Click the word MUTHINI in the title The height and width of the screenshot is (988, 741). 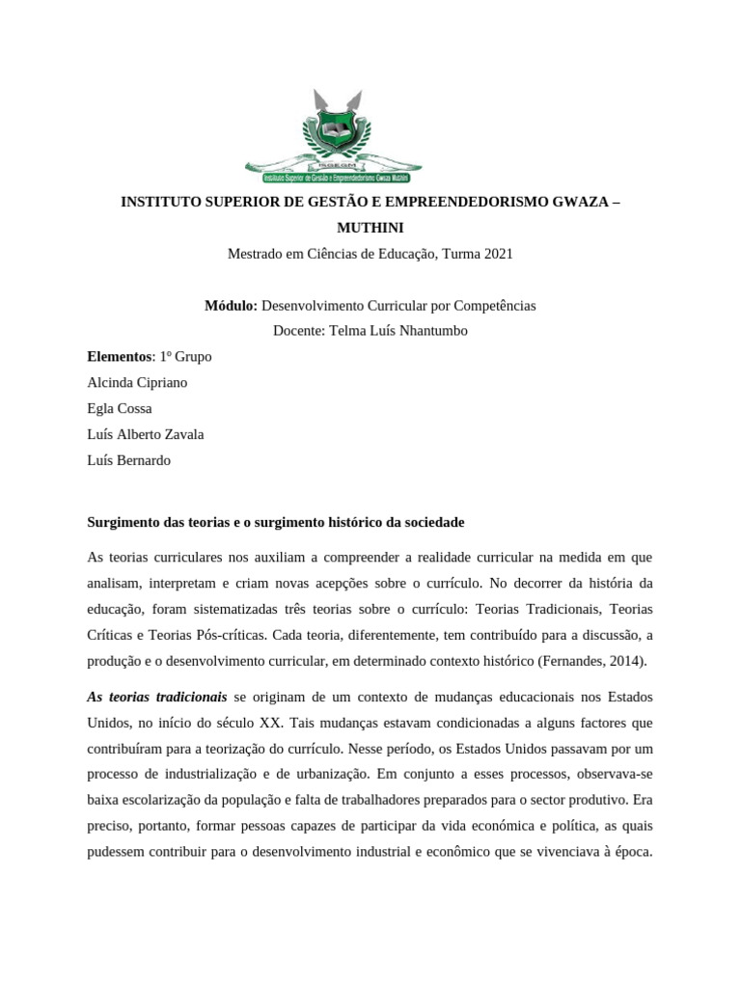point(370,228)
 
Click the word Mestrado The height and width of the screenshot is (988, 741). point(256,254)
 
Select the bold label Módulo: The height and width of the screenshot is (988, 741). point(231,305)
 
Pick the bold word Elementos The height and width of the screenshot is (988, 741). point(120,357)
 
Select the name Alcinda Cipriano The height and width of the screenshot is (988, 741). point(137,382)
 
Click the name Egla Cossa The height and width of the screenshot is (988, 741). point(120,408)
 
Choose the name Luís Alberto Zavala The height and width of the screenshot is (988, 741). point(146,434)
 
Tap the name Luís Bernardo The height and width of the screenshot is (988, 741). point(128,460)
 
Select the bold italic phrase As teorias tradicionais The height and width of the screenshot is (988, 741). point(157,697)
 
